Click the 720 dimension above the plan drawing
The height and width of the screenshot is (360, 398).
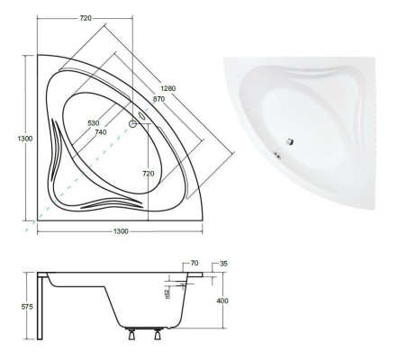tap(86, 18)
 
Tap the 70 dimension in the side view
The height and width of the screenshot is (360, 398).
tap(194, 264)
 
